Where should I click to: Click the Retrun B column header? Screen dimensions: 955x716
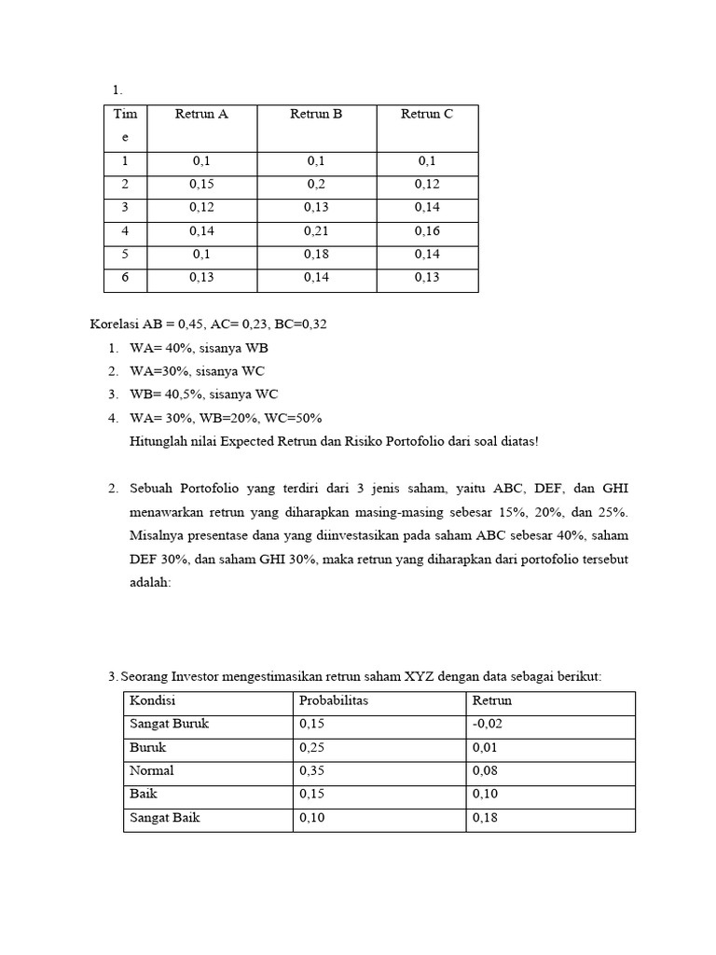(316, 115)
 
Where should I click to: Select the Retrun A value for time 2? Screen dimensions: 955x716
(201, 185)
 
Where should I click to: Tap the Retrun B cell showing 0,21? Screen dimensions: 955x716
(316, 231)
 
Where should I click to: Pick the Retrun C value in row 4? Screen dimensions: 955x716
(427, 231)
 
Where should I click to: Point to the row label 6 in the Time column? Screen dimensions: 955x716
(125, 277)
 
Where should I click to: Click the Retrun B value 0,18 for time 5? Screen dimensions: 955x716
(316, 255)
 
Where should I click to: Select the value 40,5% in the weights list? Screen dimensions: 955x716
(187, 394)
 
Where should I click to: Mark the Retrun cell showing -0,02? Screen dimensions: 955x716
(488, 725)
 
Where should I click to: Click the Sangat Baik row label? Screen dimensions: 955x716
(164, 818)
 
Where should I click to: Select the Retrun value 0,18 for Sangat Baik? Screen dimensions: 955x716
(486, 818)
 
